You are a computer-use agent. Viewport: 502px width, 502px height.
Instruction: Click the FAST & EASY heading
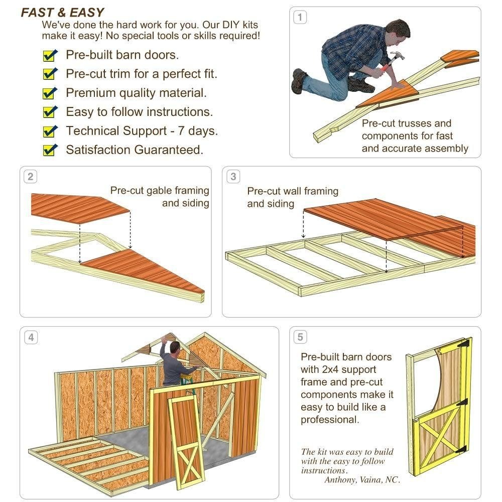point(62,13)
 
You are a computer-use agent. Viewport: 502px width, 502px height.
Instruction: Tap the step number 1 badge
point(300,18)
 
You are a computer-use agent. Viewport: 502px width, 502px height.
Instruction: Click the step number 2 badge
point(31,177)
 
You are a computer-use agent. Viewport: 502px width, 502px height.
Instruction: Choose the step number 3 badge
point(233,177)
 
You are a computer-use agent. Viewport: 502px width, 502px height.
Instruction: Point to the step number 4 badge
point(31,337)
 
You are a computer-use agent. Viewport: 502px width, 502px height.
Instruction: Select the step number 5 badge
point(300,337)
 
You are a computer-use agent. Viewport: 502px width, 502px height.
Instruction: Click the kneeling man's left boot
point(299,80)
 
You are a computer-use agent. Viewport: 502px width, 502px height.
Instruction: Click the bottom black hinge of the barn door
point(462,449)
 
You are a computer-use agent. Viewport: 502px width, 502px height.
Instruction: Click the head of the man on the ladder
point(175,347)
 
